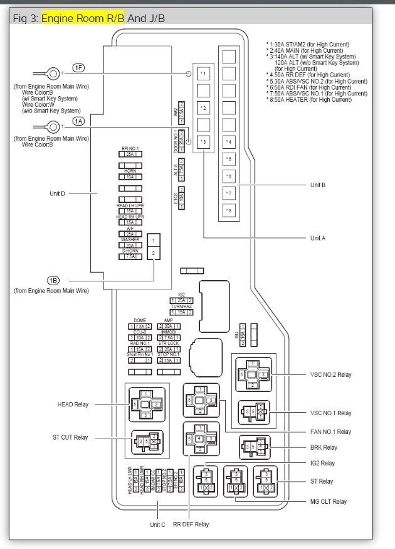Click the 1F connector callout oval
pyautogui.click(x=78, y=67)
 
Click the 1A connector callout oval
pyautogui.click(x=78, y=121)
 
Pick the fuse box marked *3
pyautogui.click(x=203, y=142)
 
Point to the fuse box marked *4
pyautogui.click(x=229, y=142)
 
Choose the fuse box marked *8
pyautogui.click(x=229, y=210)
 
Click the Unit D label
pyautogui.click(x=57, y=193)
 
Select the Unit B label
pyautogui.click(x=318, y=185)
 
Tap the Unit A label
pyautogui.click(x=318, y=238)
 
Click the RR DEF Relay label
pyautogui.click(x=191, y=524)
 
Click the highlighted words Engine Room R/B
pyautogui.click(x=83, y=18)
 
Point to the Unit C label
pyautogui.click(x=157, y=524)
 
